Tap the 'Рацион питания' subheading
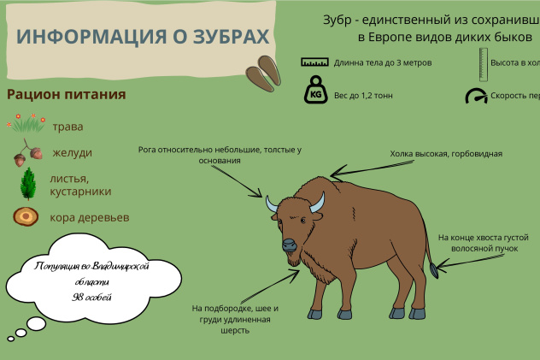67,95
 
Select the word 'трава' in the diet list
67,127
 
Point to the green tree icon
28,184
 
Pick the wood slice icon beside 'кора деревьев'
26,216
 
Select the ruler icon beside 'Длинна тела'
314,62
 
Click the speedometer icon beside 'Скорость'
475,96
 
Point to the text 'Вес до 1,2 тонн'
364,96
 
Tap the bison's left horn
272,204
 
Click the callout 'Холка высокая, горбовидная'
446,154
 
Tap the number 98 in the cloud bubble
79,296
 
